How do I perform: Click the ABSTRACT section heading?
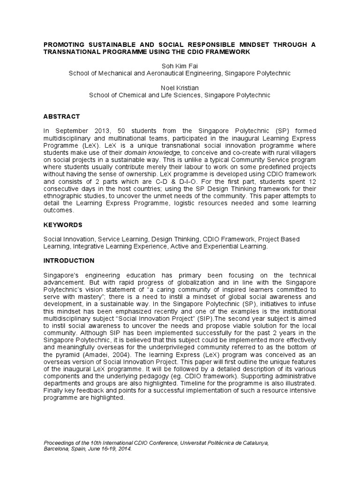[61, 117]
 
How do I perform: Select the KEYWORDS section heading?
[63, 225]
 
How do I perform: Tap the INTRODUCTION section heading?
[69, 261]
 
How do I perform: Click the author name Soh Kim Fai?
[180, 66]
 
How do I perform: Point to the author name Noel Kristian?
[180, 88]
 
